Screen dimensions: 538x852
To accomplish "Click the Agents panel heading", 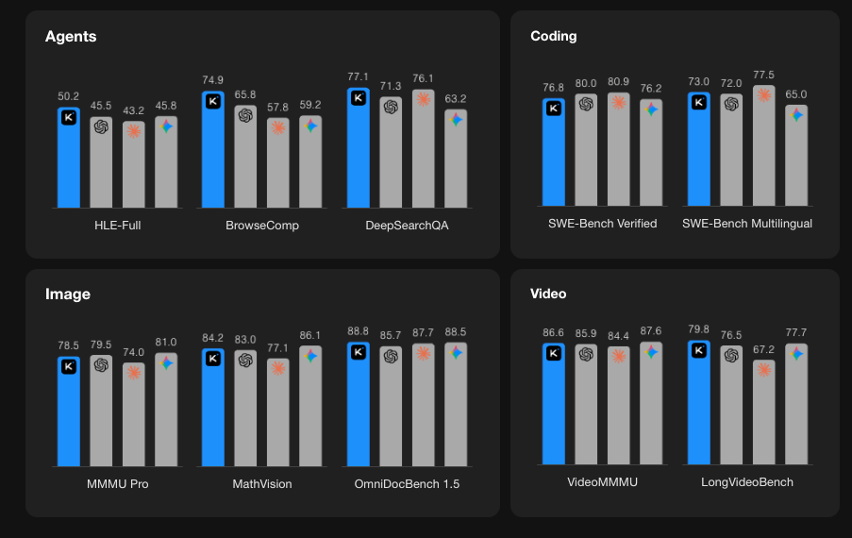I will [x=71, y=37].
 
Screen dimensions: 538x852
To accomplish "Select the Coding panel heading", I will [x=554, y=37].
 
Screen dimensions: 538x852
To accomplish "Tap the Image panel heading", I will [x=68, y=294].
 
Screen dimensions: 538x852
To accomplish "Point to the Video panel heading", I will [x=548, y=294].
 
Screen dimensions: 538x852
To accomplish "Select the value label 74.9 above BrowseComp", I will [x=213, y=80].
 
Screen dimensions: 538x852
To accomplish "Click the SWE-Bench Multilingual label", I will [x=746, y=224].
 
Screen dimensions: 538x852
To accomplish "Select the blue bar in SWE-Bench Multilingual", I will [x=699, y=151].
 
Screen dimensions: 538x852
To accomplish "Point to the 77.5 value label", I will [x=764, y=75].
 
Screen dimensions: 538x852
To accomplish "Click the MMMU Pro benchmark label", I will [x=117, y=483].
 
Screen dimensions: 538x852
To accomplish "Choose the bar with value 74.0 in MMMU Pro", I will [x=134, y=415].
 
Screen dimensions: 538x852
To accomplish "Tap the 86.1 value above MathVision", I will [x=310, y=335].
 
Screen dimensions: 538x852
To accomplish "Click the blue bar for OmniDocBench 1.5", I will [x=359, y=406].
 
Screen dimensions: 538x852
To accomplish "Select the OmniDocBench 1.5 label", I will [x=408, y=483].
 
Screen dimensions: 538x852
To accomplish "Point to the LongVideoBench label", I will [x=747, y=482].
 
